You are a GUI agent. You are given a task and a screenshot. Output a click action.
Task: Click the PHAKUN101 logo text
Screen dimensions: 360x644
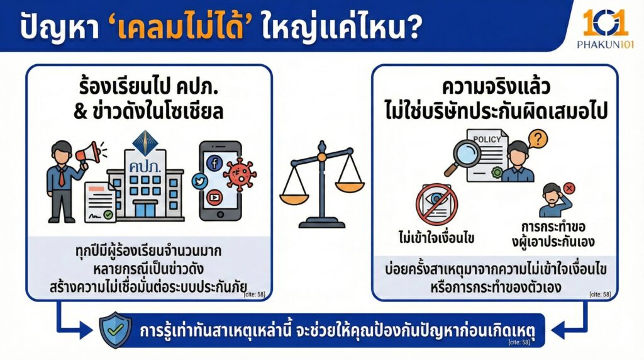pyautogui.click(x=604, y=44)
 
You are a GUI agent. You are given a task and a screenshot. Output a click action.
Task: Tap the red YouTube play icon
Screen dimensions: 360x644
pyautogui.click(x=214, y=196)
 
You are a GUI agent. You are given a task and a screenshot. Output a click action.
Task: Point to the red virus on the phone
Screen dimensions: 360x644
pyautogui.click(x=240, y=174)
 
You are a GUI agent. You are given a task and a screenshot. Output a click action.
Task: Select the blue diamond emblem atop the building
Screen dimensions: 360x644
pyautogui.click(x=145, y=139)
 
